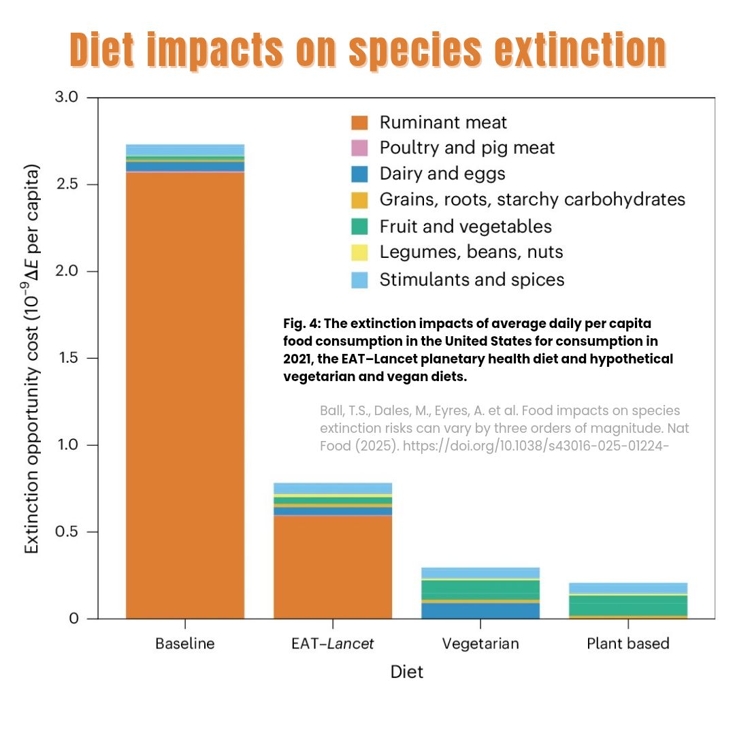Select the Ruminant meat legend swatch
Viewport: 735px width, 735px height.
coord(359,122)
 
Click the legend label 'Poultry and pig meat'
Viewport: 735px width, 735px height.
coord(467,148)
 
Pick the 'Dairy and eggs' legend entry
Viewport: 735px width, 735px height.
coord(442,174)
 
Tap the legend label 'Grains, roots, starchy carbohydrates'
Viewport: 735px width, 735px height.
coord(532,199)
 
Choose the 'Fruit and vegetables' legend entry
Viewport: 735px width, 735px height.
coord(465,226)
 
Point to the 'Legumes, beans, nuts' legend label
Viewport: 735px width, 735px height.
coord(471,252)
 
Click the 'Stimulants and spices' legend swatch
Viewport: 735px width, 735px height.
coord(359,280)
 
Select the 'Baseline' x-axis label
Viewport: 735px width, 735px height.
coord(184,644)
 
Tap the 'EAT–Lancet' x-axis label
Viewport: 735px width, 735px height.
coord(333,644)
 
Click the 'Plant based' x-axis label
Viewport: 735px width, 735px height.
coord(628,644)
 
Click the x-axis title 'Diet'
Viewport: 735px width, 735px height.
coord(406,672)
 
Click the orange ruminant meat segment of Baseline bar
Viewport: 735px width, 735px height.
coord(184,395)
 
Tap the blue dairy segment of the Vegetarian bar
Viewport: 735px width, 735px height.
coord(480,610)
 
